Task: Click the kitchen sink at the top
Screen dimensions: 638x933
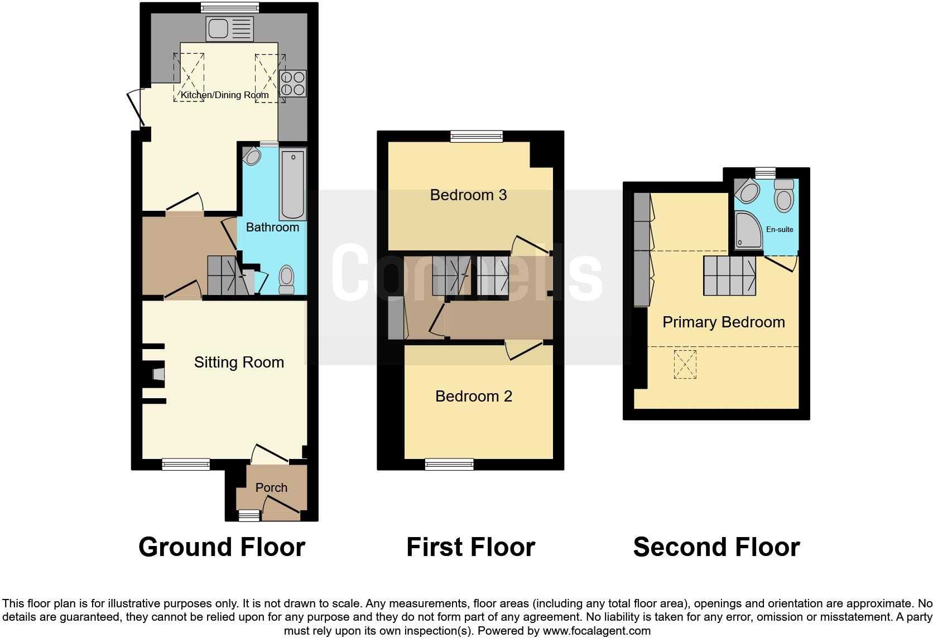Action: coord(229,29)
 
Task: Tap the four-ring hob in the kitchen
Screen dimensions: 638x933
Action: coord(293,84)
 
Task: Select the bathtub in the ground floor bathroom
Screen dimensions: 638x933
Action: coord(293,184)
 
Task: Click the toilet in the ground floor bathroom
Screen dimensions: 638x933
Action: coord(286,279)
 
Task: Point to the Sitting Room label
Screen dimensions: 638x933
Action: coord(239,362)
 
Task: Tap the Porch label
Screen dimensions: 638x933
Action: coord(271,487)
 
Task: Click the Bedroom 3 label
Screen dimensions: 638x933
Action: coord(468,195)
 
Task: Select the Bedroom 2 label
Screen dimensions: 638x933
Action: coord(473,396)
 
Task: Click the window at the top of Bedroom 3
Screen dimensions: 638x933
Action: coord(477,136)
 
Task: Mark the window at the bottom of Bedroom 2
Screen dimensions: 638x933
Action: coord(449,464)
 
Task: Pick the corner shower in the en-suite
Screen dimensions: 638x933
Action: coord(748,230)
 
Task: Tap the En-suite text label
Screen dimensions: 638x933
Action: coord(780,229)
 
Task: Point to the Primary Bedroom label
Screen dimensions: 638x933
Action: coord(723,322)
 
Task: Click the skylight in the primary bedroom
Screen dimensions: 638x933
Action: coord(685,364)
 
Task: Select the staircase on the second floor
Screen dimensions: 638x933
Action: coord(729,275)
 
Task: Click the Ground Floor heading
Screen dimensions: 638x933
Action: coord(222,547)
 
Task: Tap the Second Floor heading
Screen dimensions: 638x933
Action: coord(716,547)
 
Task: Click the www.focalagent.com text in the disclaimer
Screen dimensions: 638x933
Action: coord(596,631)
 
